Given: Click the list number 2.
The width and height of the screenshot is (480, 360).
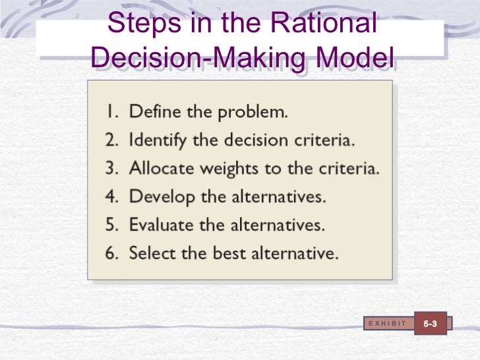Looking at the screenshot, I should [x=110, y=140].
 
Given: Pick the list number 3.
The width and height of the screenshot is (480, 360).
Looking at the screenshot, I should [x=110, y=169].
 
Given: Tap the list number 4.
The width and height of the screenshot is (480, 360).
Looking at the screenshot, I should [x=110, y=197].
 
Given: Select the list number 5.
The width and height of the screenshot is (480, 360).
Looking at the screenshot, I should [x=110, y=225].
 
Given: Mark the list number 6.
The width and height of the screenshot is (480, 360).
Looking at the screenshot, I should [x=110, y=253].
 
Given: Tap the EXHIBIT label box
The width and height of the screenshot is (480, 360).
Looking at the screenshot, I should [x=388, y=323].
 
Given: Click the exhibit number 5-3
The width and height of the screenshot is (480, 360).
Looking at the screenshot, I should [x=431, y=324].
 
